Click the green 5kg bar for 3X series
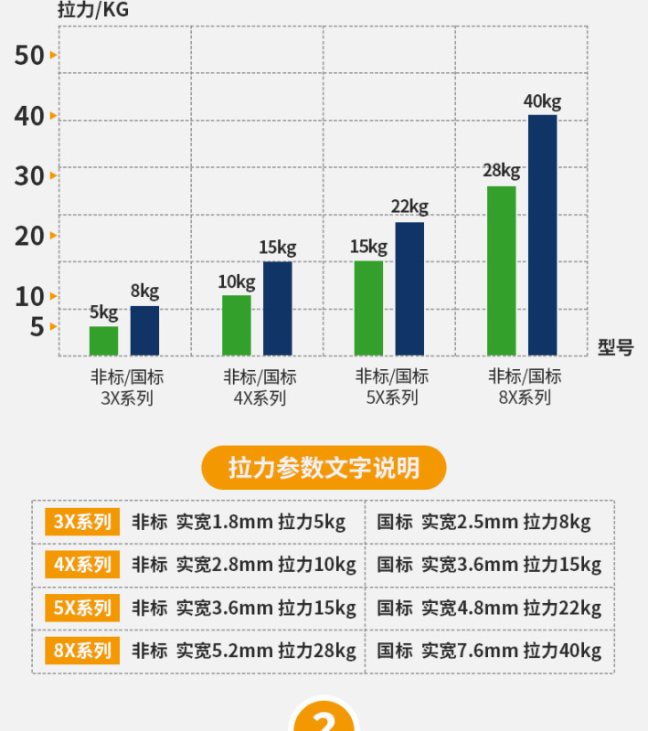103,341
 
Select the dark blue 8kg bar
144,331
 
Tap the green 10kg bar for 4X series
236,325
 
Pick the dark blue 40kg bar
542,235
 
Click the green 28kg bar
501,270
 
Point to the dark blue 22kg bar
409,289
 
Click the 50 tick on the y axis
30,56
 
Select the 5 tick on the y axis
37,326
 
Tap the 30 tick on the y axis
30,175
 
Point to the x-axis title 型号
615,347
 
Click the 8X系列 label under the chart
525,397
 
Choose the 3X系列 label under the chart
127,397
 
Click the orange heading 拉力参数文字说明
324,468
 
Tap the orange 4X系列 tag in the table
82,565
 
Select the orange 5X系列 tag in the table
82,608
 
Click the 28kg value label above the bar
501,170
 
